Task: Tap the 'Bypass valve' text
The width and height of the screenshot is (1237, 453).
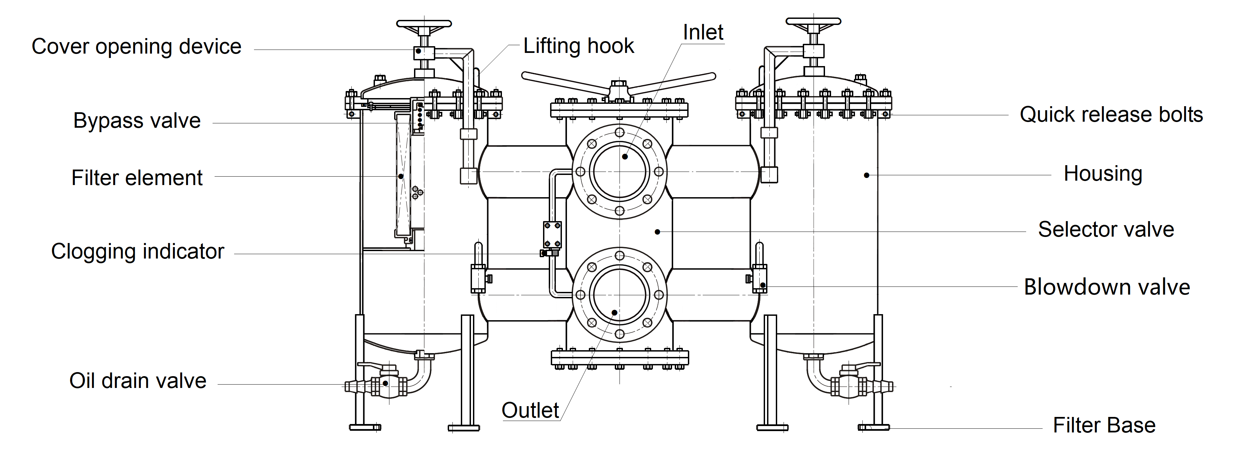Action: [x=137, y=121]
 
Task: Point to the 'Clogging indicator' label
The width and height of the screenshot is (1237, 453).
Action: [x=137, y=251]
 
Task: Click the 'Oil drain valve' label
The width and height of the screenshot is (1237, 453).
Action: [x=138, y=381]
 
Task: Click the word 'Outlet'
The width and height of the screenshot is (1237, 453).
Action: [x=530, y=410]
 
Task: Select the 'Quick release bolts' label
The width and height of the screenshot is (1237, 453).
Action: [x=1111, y=115]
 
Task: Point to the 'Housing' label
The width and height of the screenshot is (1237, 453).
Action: [x=1103, y=174]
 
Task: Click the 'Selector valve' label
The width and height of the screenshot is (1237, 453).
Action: [x=1106, y=229]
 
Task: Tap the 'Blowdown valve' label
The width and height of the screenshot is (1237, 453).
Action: [x=1107, y=287]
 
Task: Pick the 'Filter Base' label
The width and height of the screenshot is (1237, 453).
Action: [x=1104, y=425]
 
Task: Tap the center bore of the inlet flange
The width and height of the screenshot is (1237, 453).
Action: [x=620, y=172]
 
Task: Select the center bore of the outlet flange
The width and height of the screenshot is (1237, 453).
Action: [x=620, y=295]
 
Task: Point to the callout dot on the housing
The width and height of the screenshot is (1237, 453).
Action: [x=866, y=175]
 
